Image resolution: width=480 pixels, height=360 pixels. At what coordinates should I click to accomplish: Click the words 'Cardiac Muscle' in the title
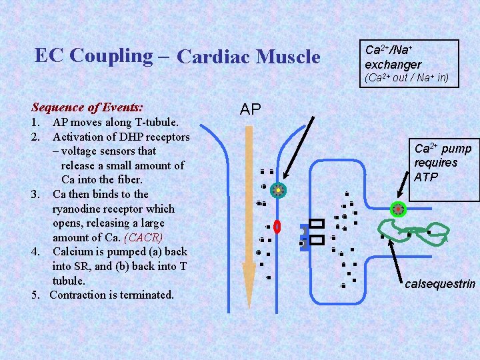(x=249, y=57)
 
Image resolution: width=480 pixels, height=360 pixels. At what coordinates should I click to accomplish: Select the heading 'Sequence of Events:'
(x=87, y=107)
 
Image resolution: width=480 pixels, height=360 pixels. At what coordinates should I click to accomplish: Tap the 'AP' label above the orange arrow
(x=251, y=109)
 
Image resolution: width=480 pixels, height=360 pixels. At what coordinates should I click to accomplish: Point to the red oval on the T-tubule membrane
(x=277, y=227)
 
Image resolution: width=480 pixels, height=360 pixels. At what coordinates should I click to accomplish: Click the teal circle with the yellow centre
(x=278, y=190)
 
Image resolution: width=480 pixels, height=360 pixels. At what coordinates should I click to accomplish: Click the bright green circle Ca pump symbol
(x=398, y=209)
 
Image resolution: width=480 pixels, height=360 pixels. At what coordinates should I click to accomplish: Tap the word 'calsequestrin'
(x=440, y=284)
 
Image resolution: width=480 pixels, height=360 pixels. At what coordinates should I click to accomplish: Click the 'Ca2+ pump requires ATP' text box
(x=443, y=163)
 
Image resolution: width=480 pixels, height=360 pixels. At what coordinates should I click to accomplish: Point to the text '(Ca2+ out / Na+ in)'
(x=407, y=78)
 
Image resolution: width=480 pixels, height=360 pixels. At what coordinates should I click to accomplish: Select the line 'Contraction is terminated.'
(x=111, y=295)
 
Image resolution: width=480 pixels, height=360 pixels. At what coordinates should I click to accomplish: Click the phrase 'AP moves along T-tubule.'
(x=115, y=123)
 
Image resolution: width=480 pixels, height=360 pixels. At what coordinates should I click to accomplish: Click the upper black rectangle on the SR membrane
(x=317, y=224)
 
